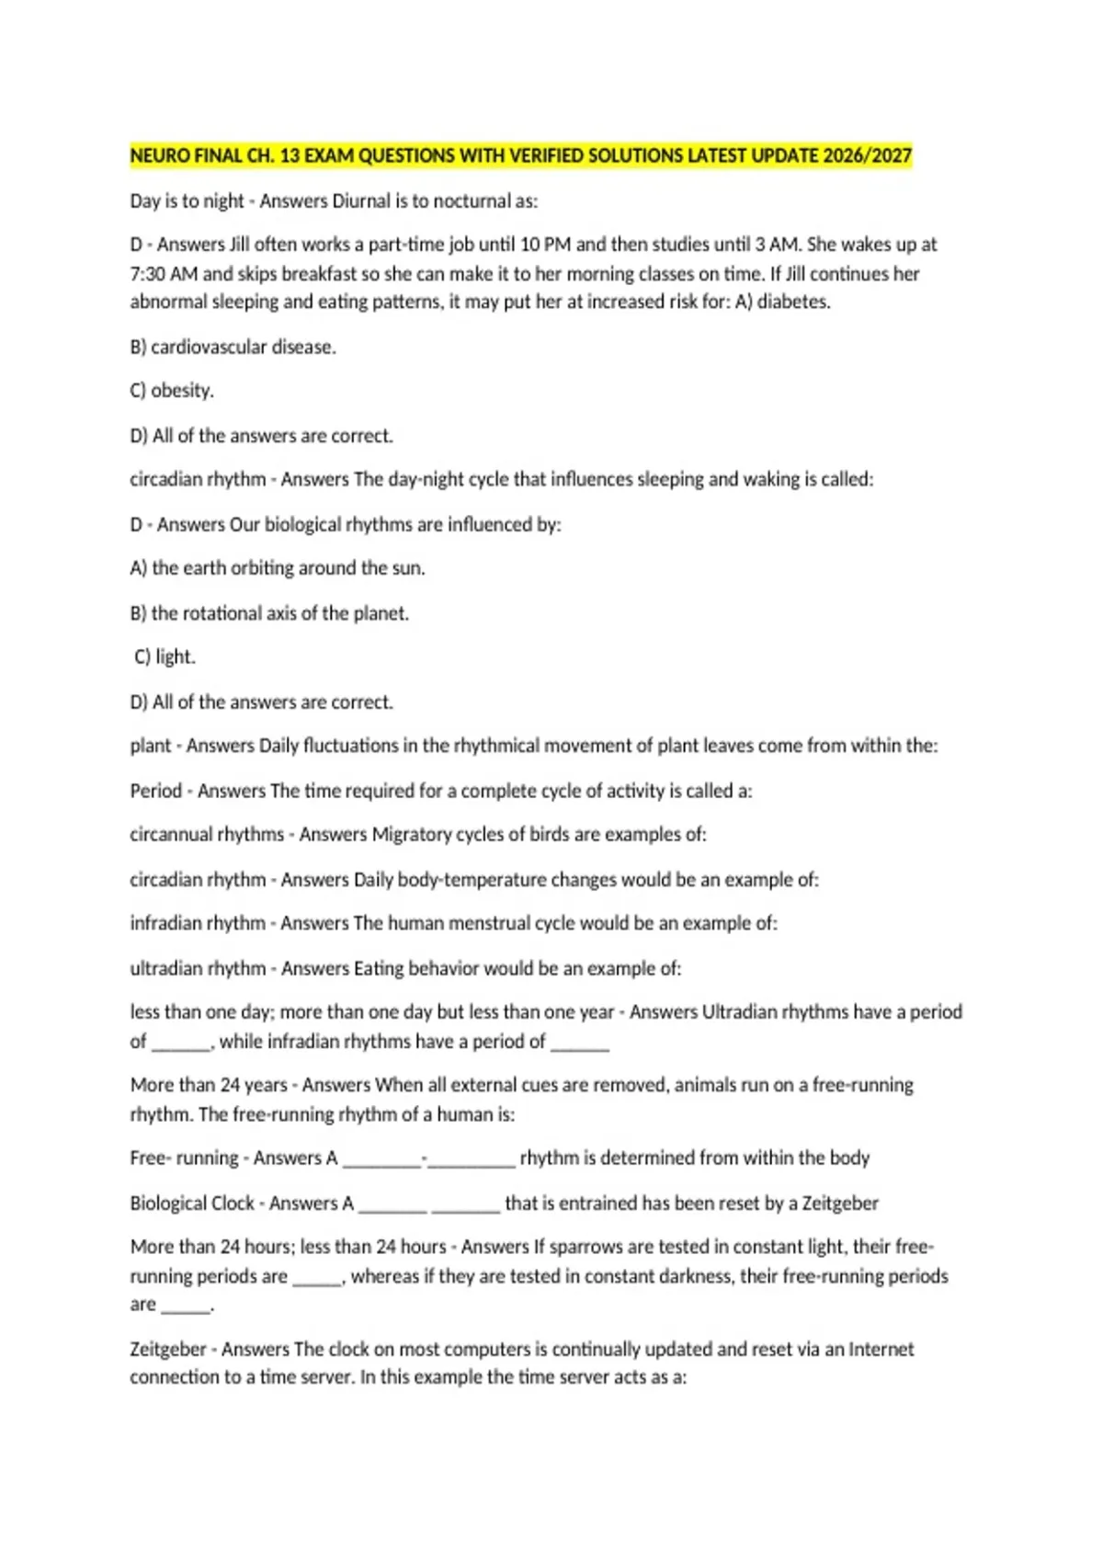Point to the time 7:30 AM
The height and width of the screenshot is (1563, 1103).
(x=164, y=274)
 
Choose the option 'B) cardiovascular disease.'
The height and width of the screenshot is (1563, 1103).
(x=233, y=348)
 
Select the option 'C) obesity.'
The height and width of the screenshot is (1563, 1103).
(x=172, y=391)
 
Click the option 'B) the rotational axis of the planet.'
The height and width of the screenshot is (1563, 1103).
(x=269, y=613)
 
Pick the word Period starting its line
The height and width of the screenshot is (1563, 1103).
(x=155, y=791)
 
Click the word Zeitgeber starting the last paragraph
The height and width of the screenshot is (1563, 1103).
(x=168, y=1350)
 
